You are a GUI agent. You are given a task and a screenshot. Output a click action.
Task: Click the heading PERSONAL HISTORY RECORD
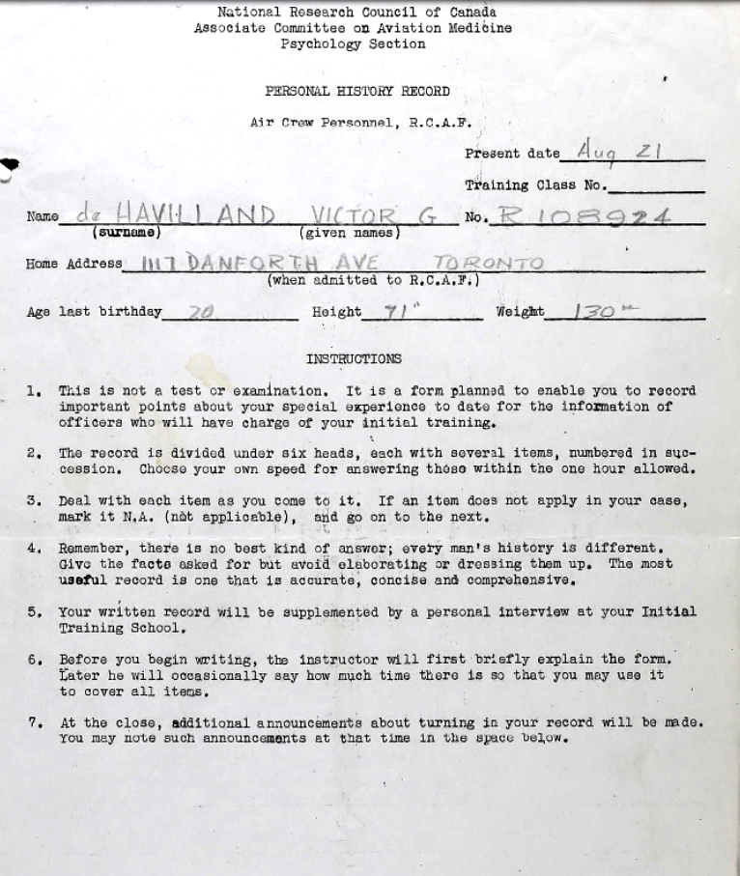click(357, 92)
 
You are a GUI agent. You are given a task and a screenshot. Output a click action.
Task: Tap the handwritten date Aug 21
click(619, 150)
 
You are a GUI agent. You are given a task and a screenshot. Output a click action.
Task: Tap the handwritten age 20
click(200, 312)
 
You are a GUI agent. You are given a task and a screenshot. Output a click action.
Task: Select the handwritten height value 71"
click(398, 311)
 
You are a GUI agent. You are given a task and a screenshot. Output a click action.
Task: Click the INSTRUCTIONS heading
click(354, 359)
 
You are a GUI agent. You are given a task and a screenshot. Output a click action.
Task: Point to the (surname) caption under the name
click(127, 233)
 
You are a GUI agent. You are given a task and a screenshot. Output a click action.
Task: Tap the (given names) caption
click(350, 233)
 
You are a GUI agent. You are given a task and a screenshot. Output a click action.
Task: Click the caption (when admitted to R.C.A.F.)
click(373, 280)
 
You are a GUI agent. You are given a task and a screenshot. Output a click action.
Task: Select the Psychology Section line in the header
click(353, 44)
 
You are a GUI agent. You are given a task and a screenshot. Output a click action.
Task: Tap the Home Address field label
click(74, 264)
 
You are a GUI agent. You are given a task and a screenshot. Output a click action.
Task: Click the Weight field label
click(520, 312)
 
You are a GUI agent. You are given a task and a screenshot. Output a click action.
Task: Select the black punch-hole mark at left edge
click(10, 165)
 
